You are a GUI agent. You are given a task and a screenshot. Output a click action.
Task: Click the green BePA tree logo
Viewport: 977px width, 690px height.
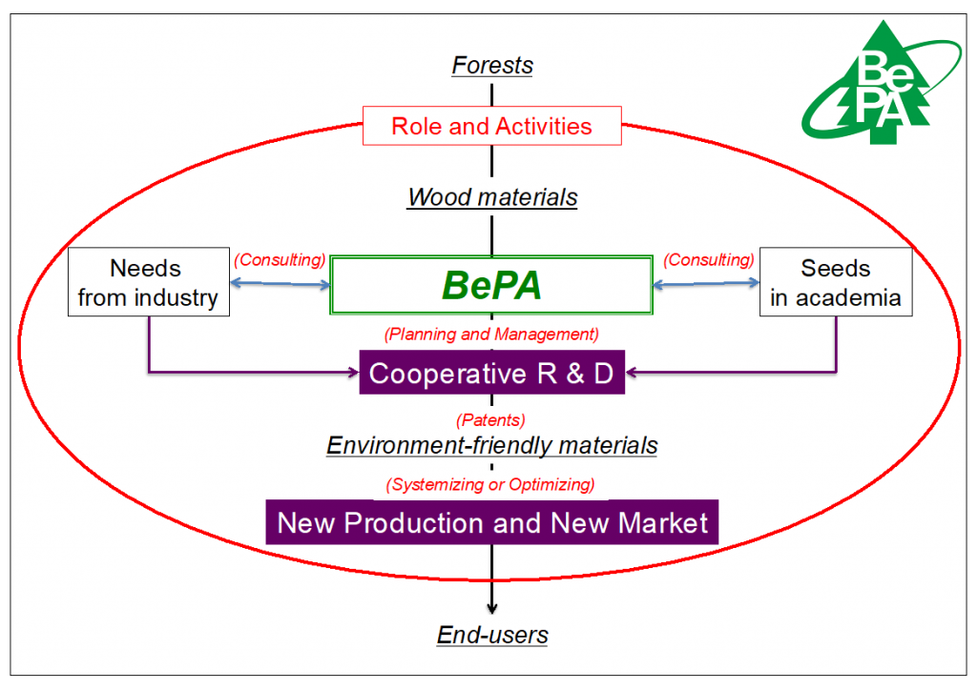(x=881, y=84)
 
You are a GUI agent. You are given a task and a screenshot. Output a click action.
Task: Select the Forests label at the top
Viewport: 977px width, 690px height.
(x=492, y=66)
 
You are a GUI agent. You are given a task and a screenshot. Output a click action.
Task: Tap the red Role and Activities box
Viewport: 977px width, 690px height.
(x=492, y=126)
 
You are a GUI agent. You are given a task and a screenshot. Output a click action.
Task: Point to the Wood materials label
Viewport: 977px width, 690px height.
(x=492, y=197)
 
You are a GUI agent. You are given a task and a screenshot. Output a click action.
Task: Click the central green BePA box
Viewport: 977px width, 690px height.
(x=491, y=285)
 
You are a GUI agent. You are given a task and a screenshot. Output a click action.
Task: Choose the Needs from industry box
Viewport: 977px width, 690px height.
(x=148, y=282)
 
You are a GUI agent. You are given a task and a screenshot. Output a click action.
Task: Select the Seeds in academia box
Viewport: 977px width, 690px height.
(x=836, y=282)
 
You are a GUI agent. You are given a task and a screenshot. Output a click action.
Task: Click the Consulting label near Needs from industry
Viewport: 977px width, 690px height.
(x=280, y=259)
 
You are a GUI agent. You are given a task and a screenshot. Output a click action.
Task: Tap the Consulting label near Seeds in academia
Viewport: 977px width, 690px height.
(x=709, y=259)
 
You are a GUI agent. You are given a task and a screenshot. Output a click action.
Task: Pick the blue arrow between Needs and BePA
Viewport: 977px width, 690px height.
(x=281, y=284)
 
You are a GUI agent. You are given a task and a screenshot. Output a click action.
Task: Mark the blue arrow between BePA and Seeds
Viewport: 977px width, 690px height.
(x=706, y=284)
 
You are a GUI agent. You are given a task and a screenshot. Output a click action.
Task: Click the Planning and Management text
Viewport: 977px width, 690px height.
(x=491, y=335)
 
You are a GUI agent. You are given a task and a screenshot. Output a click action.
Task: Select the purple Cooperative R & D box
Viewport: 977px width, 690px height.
(x=492, y=372)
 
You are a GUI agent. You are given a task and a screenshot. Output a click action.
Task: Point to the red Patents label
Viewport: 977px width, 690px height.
(x=491, y=420)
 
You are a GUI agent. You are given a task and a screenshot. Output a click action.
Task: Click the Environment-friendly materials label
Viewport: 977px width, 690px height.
(x=492, y=445)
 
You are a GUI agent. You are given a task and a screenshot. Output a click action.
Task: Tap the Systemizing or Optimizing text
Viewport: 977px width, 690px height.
(x=490, y=484)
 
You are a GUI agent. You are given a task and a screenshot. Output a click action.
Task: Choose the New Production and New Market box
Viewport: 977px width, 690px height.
(x=492, y=522)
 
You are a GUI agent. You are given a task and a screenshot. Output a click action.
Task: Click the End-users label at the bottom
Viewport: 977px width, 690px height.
(x=492, y=635)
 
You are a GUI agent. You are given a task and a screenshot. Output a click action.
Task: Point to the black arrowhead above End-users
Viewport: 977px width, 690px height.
(x=492, y=608)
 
